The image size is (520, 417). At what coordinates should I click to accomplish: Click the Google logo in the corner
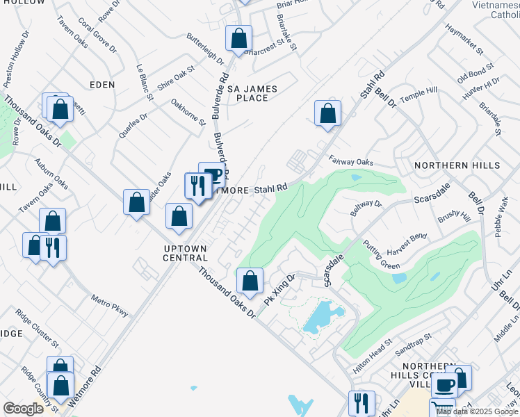pyautogui.click(x=24, y=409)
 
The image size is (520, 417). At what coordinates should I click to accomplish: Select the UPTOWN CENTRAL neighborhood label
pyautogui.click(x=185, y=253)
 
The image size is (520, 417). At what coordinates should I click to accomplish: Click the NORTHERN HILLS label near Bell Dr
pyautogui.click(x=457, y=165)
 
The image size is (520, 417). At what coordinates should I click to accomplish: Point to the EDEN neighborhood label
pyautogui.click(x=102, y=84)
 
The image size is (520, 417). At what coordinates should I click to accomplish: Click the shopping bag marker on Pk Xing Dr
pyautogui.click(x=250, y=280)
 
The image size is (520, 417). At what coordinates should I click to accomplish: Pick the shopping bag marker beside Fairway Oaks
pyautogui.click(x=327, y=113)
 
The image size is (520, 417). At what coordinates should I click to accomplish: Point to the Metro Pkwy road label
pyautogui.click(x=109, y=306)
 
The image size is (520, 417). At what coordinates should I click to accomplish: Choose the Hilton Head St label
pyautogui.click(x=372, y=357)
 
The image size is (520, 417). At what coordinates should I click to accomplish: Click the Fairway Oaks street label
pyautogui.click(x=351, y=161)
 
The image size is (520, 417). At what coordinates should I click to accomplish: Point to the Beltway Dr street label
pyautogui.click(x=366, y=207)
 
